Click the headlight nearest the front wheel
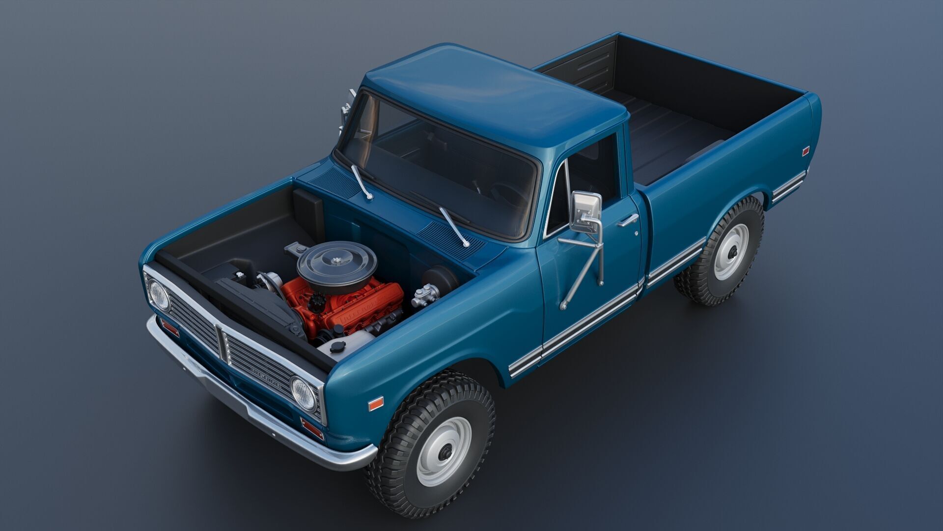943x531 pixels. [303, 394]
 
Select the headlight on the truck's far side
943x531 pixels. [159, 295]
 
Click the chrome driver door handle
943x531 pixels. [628, 221]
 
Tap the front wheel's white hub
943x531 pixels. [444, 451]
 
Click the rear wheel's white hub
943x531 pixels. [731, 252]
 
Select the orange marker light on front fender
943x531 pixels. [375, 404]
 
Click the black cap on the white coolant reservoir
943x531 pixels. [337, 347]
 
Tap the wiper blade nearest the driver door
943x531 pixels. [453, 226]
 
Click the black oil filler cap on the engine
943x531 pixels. [317, 300]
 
